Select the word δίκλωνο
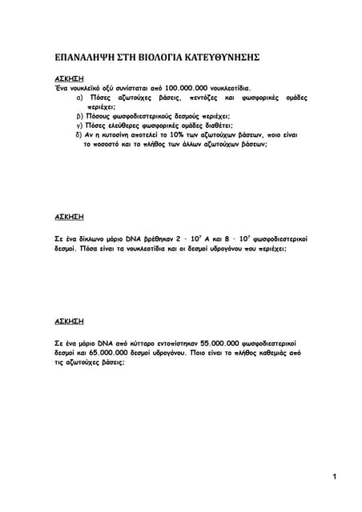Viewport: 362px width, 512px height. coord(88,238)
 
